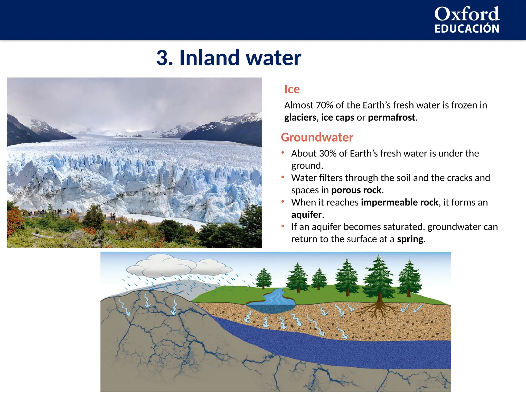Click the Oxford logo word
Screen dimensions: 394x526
tap(467, 14)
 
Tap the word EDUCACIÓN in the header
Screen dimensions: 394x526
tap(467, 29)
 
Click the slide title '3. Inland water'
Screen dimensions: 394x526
tap(229, 58)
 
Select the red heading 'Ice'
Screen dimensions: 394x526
tap(292, 89)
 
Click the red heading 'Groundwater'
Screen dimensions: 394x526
tap(317, 137)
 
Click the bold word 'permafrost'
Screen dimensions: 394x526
tap(391, 117)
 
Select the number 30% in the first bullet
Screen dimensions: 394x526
tap(328, 153)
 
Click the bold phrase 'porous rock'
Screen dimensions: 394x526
tap(356, 190)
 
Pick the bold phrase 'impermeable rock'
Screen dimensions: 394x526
tap(399, 202)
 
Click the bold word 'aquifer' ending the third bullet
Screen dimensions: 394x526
tap(306, 214)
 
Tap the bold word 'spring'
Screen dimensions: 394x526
tap(410, 239)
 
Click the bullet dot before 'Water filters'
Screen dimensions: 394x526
tap(283, 177)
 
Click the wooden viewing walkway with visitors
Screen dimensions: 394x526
tap(77, 215)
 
